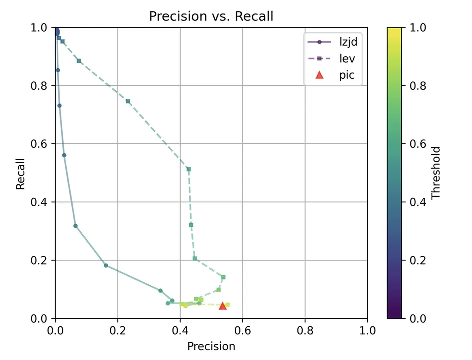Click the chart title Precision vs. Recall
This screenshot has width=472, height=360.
coord(211,16)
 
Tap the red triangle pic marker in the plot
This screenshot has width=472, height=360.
coord(223,305)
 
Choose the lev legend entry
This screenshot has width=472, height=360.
coord(339,58)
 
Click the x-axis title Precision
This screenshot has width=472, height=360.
coord(211,346)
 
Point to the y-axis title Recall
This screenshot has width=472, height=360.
coord(20,173)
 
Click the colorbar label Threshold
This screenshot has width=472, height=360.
coord(436,173)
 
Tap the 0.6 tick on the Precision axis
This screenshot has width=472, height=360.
coord(242,330)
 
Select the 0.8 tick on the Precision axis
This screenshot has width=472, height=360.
coord(305,330)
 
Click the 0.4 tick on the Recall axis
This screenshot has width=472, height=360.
coord(40,202)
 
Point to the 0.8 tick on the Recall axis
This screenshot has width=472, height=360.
coord(40,86)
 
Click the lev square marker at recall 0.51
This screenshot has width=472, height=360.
coord(189,169)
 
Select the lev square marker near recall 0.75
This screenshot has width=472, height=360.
coord(128,101)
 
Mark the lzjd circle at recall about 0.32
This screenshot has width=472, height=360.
coord(76,226)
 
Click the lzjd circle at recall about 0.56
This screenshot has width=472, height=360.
coord(64,155)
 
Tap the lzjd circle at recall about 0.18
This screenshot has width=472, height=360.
coord(106,265)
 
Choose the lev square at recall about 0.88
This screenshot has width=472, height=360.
coord(79,61)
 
